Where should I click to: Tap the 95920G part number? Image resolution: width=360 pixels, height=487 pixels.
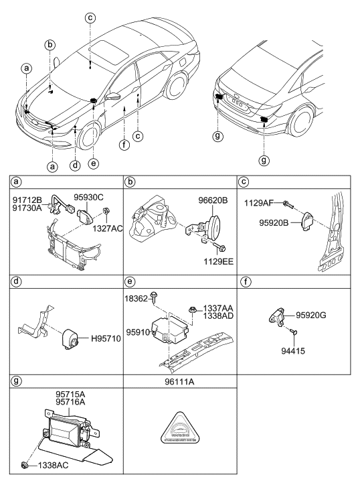(x=310, y=314)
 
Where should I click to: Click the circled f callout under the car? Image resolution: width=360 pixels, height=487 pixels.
(x=123, y=144)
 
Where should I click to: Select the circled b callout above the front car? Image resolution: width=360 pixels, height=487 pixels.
(x=50, y=46)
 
